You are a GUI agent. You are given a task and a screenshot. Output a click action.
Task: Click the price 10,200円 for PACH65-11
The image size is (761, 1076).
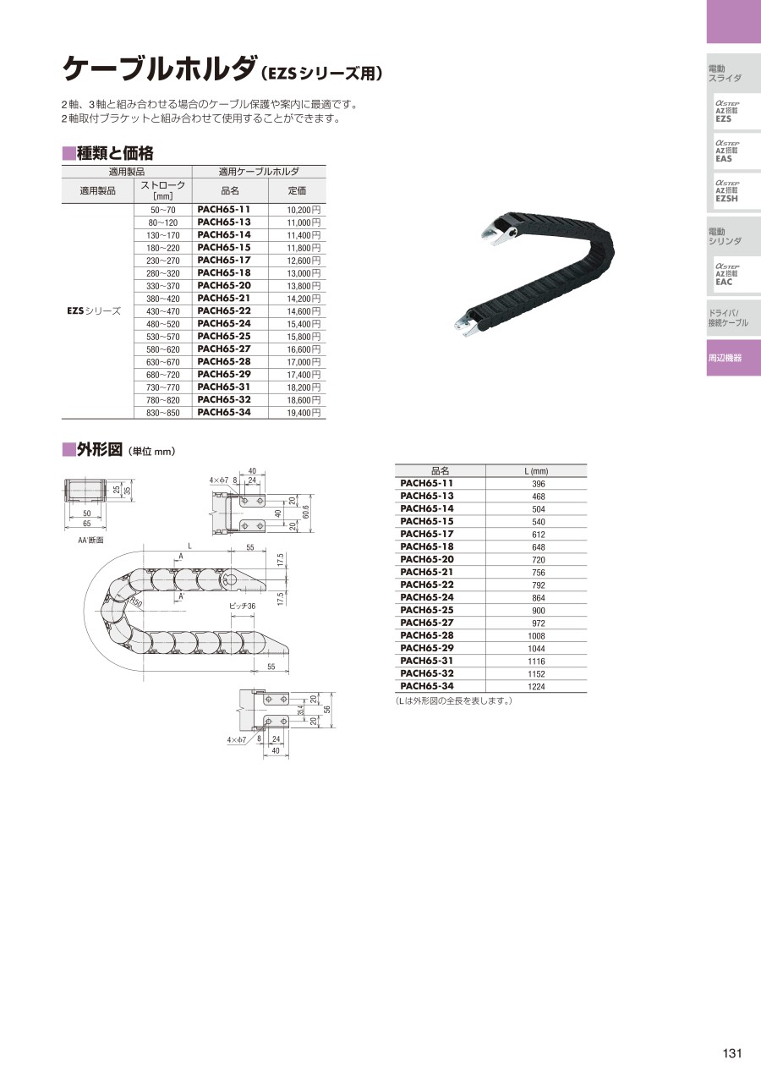pos(304,210)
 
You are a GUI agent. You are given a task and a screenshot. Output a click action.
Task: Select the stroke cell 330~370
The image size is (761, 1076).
pos(162,286)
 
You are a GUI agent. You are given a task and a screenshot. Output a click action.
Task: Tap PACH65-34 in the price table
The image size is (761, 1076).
pos(224,412)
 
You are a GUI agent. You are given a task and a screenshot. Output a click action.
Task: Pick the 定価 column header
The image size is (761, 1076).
pos(297,190)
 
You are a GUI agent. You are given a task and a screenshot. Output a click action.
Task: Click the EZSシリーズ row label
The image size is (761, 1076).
pos(94,310)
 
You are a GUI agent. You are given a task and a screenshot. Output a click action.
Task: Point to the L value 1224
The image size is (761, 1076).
pos(536,686)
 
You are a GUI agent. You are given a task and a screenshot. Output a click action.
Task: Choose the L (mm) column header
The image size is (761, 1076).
pos(536,471)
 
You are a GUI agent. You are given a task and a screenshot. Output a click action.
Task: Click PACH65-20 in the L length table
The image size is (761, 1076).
pos(427,559)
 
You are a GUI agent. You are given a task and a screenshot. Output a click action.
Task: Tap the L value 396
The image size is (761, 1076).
pos(539,484)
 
